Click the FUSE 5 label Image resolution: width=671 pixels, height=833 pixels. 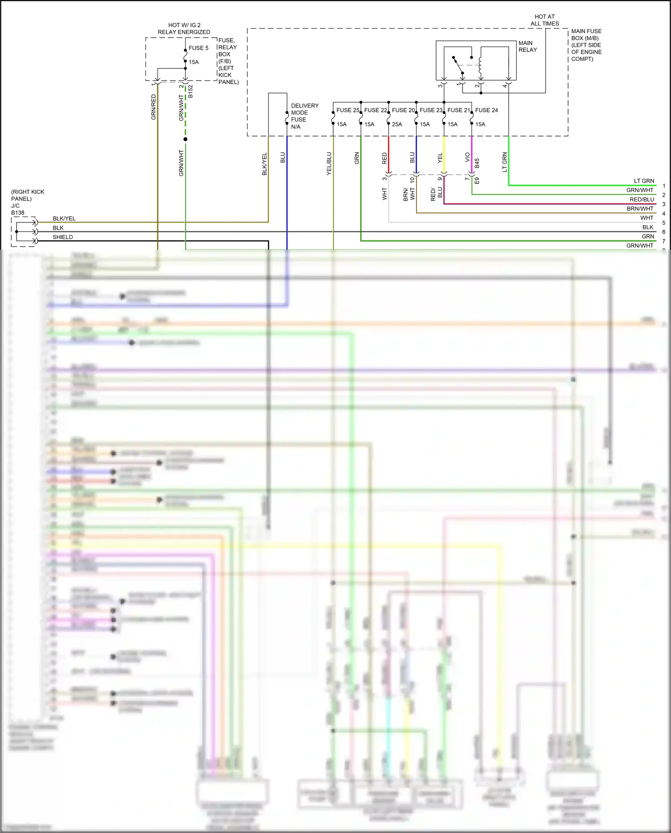(x=198, y=48)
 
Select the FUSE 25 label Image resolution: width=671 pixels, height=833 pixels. (x=348, y=110)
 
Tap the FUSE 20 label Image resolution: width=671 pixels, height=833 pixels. (x=403, y=110)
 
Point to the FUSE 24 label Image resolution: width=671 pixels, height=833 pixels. (x=486, y=110)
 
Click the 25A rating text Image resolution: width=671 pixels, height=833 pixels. (x=397, y=124)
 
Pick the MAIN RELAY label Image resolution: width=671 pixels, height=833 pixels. (x=527, y=47)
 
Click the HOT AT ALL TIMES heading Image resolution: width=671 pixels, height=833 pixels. (x=544, y=20)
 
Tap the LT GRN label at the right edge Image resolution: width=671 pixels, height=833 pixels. (x=644, y=181)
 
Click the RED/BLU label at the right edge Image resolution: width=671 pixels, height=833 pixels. (x=641, y=200)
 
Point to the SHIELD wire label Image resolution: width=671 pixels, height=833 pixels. (x=63, y=237)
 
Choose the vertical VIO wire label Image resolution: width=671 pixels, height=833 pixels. (x=467, y=157)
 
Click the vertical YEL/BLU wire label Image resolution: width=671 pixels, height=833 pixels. (x=329, y=163)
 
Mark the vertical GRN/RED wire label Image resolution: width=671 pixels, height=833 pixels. (x=153, y=107)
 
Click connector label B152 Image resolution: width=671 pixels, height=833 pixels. (x=190, y=91)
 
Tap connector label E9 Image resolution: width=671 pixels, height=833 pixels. (x=477, y=180)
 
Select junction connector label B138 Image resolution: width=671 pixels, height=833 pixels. (x=18, y=213)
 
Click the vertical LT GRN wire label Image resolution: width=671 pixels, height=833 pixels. (x=505, y=162)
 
